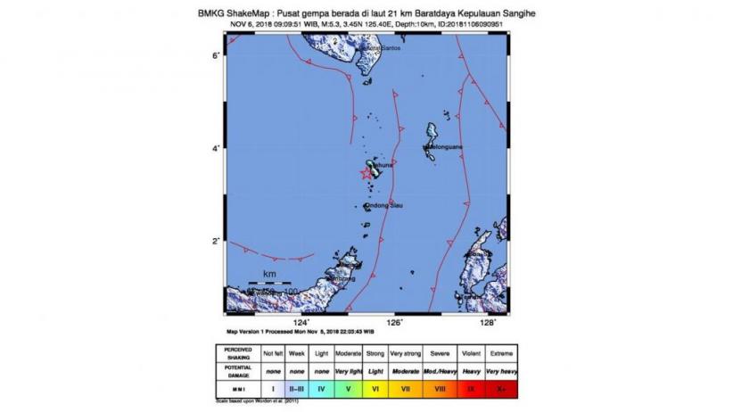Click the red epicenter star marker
click(366, 173)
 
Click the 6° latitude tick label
click(216, 55)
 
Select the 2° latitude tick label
click(216, 241)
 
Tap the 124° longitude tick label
click(302, 324)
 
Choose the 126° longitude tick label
click(395, 324)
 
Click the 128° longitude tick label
click(488, 324)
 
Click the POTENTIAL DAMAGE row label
click(238, 371)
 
